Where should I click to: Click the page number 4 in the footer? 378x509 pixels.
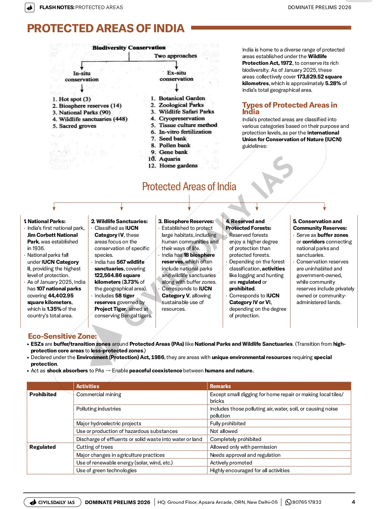pos(353,502)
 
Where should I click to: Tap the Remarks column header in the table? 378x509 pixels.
pos(220,386)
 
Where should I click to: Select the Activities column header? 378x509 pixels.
pos(87,386)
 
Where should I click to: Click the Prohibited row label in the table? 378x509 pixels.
pos(43,394)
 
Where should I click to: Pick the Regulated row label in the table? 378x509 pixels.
pos(42,447)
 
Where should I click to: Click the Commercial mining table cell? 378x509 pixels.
pos(99,394)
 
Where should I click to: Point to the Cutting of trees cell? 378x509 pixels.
pos(94,447)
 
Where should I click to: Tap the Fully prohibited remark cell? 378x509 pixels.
pos(227,423)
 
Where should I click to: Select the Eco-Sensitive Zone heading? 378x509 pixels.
pos(62,336)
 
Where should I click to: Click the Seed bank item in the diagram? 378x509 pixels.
pos(173,138)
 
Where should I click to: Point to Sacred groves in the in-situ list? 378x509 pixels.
pos(77,126)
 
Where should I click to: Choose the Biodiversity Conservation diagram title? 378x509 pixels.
pos(129,48)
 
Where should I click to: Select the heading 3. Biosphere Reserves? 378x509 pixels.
pos(186,221)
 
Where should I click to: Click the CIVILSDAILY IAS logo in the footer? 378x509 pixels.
pos(52,502)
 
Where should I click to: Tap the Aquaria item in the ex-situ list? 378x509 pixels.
pos(169,159)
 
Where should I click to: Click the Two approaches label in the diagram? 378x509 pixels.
pos(175,56)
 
